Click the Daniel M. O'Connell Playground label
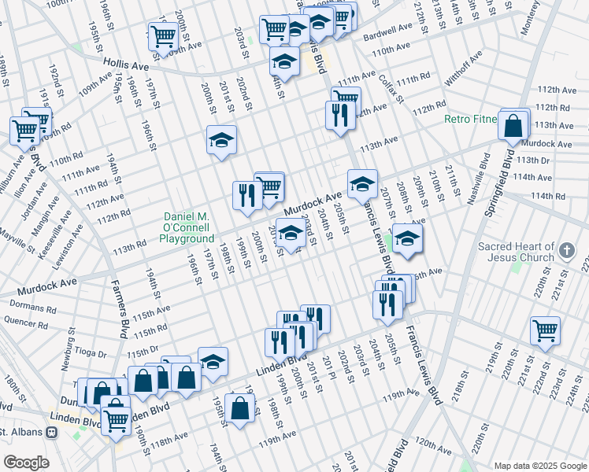pos(188,227)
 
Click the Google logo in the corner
pos(25,462)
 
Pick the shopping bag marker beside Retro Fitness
pos(514,125)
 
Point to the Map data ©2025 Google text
pos(539,465)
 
